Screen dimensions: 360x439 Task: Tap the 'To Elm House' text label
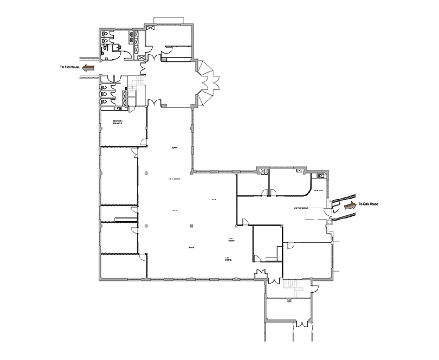69,67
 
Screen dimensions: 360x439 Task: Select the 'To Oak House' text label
368,204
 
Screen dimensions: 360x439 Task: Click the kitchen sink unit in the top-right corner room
320,176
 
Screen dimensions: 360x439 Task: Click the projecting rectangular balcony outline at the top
169,20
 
